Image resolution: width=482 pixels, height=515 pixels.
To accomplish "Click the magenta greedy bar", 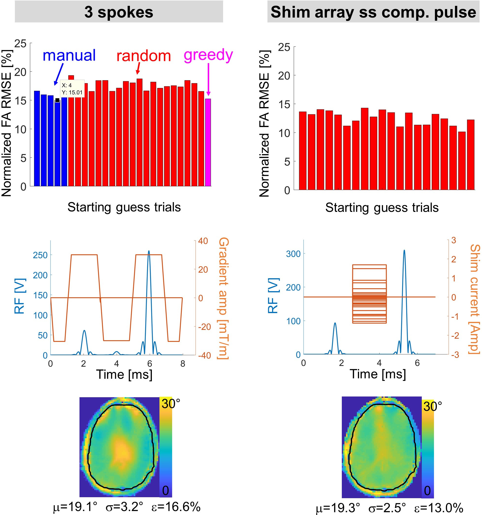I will (208, 142).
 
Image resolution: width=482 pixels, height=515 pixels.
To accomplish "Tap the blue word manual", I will (69, 55).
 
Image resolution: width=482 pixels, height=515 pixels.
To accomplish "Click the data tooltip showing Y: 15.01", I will (72, 89).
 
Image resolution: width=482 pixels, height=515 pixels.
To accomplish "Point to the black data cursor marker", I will (57, 100).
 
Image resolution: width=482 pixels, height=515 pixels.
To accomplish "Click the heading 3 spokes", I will (119, 12).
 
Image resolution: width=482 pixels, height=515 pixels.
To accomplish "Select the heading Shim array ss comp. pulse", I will (373, 12).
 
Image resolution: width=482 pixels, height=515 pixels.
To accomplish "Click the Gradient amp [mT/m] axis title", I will (223, 298).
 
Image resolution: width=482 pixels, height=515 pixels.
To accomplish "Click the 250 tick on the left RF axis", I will (40, 255).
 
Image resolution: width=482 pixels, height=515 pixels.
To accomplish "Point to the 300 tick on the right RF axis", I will (293, 254).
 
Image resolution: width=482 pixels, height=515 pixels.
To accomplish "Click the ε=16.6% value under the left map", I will (176, 507).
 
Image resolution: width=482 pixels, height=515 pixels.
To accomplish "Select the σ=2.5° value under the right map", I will (387, 508).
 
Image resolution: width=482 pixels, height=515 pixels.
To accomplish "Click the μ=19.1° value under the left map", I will (75, 507).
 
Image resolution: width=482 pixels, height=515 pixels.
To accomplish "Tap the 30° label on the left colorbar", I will (170, 404).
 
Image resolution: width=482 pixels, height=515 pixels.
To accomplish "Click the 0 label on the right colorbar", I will (427, 491).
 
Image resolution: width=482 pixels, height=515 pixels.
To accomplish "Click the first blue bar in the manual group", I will (37, 138).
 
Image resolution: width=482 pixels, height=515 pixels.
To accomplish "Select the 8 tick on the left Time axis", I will (183, 364).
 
